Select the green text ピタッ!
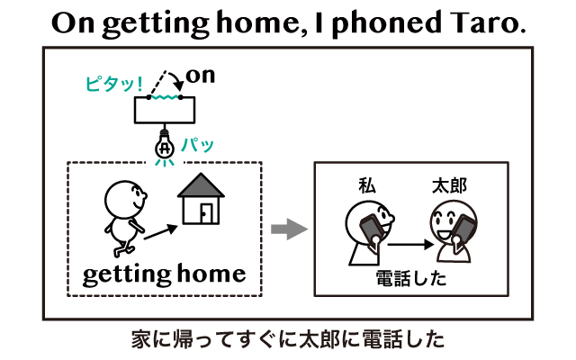point(114,84)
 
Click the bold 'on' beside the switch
point(201,76)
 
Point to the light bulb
point(164,146)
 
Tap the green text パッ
point(198,145)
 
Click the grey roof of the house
point(201,185)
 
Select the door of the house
point(206,213)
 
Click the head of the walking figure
point(125,200)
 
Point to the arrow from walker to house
point(160,232)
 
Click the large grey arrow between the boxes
point(290,229)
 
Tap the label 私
point(367,186)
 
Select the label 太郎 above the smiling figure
point(450,186)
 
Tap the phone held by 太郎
point(463,230)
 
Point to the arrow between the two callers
point(410,244)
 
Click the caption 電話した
point(411,278)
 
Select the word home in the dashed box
point(211,273)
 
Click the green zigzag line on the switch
point(165,97)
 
